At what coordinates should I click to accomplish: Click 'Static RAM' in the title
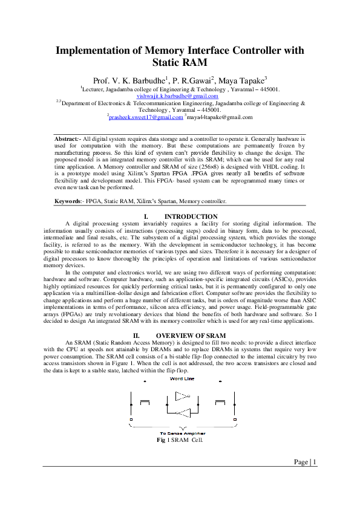180,62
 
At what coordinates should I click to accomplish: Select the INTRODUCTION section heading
191,216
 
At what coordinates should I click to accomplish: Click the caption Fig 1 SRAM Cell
180,439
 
